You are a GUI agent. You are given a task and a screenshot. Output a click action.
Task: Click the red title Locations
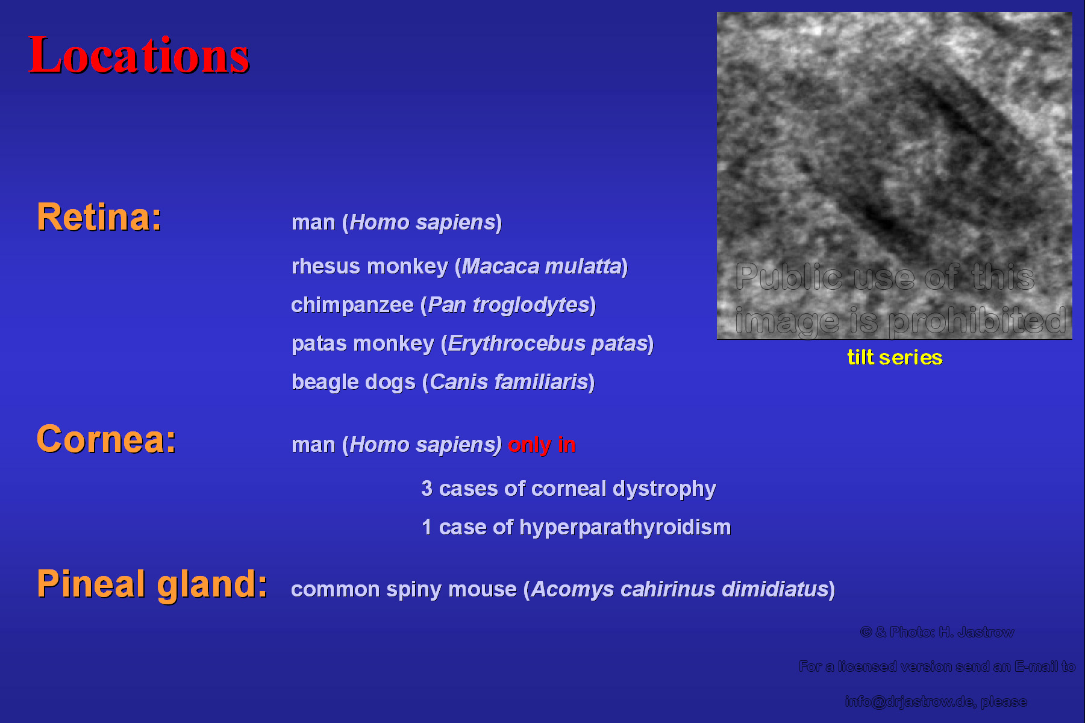coord(139,55)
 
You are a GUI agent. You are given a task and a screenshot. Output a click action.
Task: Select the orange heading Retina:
coord(99,217)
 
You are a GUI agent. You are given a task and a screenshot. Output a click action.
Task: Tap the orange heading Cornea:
coord(107,439)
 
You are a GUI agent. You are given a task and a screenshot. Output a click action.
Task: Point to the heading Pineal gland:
coord(152,584)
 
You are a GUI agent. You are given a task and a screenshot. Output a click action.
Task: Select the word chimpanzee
coord(352,305)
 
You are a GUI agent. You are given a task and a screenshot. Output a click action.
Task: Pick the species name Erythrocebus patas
coord(548,343)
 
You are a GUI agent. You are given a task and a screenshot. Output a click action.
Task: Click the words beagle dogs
coord(354,382)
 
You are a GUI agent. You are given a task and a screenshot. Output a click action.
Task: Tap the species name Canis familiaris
coord(509,381)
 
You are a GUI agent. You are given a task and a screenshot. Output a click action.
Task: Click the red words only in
coord(542,445)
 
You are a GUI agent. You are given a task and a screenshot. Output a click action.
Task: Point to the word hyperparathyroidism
coord(625,527)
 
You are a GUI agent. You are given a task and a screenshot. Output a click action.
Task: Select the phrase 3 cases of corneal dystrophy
coord(569,489)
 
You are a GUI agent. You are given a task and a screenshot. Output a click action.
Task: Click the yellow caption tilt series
coord(895,357)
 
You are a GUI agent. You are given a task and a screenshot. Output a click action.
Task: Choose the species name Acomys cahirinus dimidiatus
coord(680,589)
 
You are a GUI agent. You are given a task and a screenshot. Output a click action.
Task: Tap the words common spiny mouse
coord(404,589)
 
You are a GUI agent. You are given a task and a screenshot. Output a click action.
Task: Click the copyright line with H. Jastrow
coord(937,632)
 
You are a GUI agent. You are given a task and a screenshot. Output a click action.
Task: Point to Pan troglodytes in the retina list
coord(508,305)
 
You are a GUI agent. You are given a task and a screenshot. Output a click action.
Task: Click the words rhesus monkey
coord(370,266)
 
